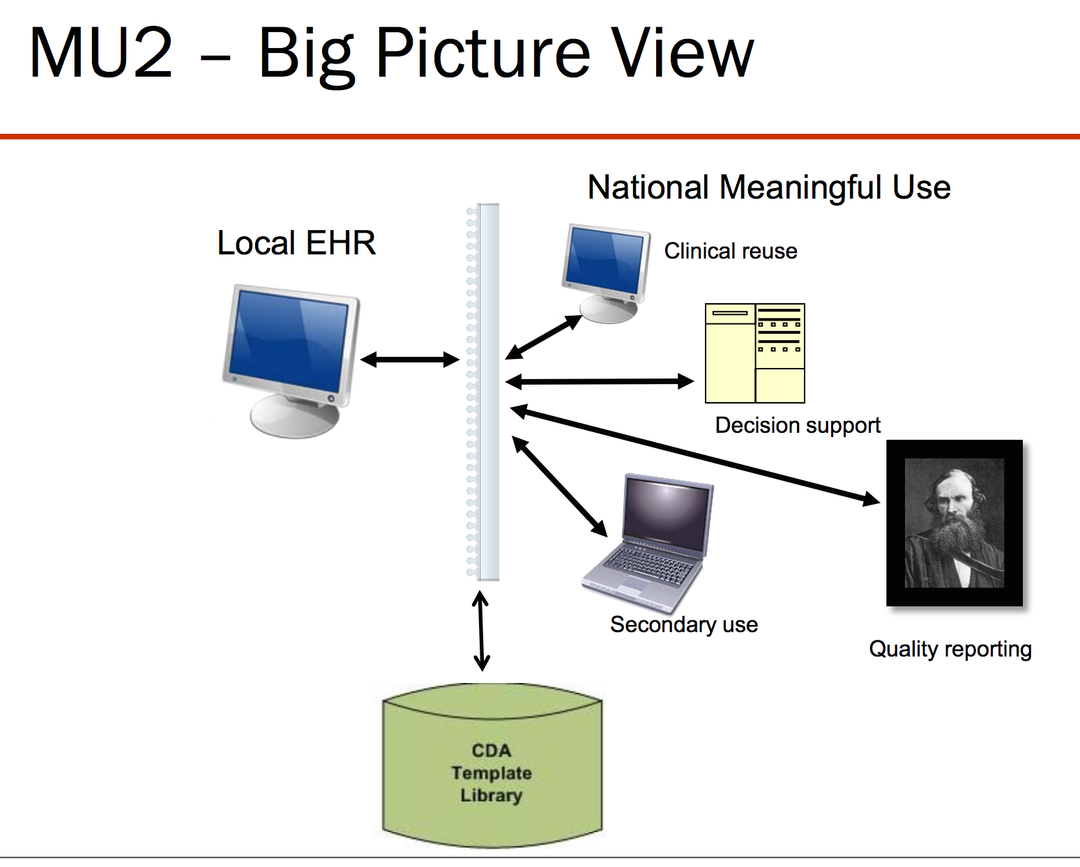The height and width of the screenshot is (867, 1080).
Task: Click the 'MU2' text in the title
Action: pyautogui.click(x=101, y=53)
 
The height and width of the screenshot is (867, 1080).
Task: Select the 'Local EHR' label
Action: pyautogui.click(x=296, y=243)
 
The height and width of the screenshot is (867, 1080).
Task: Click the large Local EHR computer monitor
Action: pyautogui.click(x=291, y=361)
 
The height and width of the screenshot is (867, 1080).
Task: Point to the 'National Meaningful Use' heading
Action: pyautogui.click(x=769, y=188)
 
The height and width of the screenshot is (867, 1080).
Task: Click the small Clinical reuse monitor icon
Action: pyautogui.click(x=606, y=273)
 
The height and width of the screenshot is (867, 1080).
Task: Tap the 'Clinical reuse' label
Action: pyautogui.click(x=731, y=251)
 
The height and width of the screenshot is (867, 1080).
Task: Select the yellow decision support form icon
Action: pyautogui.click(x=755, y=353)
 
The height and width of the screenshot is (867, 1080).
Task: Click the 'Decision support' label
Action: pyautogui.click(x=798, y=426)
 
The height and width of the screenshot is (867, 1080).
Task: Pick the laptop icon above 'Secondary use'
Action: pyautogui.click(x=648, y=544)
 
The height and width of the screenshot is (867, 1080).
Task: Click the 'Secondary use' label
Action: pyautogui.click(x=684, y=625)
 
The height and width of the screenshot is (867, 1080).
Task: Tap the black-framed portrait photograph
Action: pyautogui.click(x=954, y=523)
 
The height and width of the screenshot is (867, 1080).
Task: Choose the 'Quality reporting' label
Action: pyautogui.click(x=950, y=650)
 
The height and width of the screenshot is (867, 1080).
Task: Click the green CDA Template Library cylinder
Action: pyautogui.click(x=492, y=765)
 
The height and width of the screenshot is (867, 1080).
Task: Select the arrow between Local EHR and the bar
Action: pyautogui.click(x=410, y=360)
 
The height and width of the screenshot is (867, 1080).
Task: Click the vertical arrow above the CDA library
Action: pyautogui.click(x=481, y=631)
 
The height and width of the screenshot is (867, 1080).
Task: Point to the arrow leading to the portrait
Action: pyautogui.click(x=695, y=455)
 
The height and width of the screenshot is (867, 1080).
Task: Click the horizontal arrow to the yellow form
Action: pyautogui.click(x=599, y=382)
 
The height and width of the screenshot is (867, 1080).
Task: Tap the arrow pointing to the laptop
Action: pyautogui.click(x=559, y=486)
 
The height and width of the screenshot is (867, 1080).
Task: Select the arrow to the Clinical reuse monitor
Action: pyautogui.click(x=544, y=337)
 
